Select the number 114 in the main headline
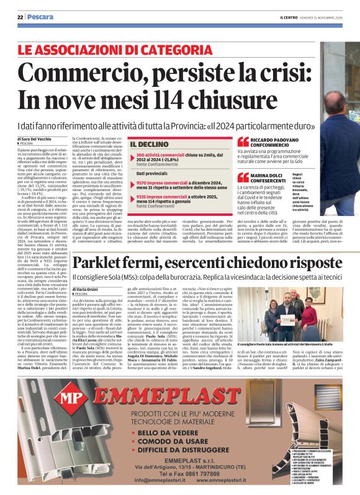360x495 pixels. [x=160, y=99]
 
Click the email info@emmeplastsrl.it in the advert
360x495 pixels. [x=161, y=479]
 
